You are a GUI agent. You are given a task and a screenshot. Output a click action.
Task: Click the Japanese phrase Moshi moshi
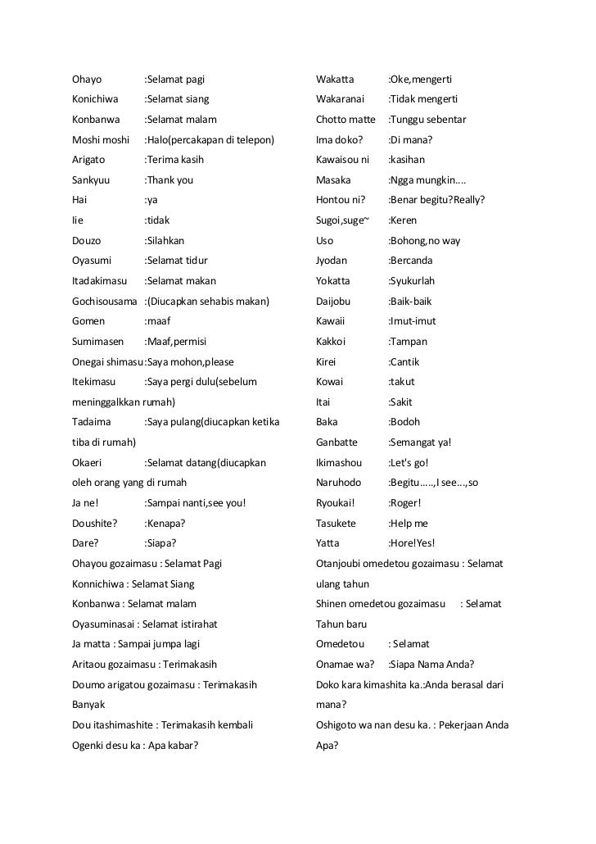point(101,140)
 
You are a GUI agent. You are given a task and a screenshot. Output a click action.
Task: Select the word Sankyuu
point(92,180)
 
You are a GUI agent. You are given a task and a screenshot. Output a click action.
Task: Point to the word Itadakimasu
point(100,281)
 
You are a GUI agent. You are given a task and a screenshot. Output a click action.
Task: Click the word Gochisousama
point(105,302)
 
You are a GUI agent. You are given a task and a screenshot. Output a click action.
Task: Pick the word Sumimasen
point(97,342)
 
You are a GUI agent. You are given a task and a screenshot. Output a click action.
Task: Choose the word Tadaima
point(92,422)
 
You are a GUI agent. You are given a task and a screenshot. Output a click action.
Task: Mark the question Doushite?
point(95,523)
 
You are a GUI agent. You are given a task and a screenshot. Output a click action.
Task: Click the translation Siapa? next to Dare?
point(160,543)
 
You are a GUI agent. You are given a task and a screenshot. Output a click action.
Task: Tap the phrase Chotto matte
point(345,120)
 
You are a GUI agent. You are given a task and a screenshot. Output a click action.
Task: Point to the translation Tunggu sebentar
point(427,120)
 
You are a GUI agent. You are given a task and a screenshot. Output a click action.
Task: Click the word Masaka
point(333,180)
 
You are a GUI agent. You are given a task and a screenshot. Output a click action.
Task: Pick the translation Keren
point(403,220)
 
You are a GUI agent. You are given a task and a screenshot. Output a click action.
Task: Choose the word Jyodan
point(332,261)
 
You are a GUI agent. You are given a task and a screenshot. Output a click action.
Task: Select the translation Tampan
point(408,342)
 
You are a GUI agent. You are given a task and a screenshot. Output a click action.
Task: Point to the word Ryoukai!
point(336,503)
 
